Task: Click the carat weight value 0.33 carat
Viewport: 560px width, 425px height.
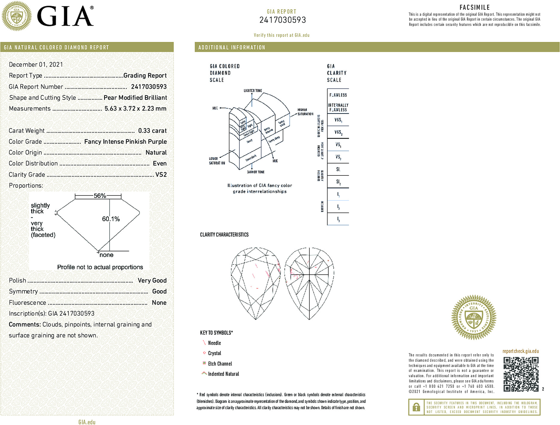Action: tap(152, 131)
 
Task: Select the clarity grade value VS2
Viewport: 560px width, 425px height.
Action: tap(161, 175)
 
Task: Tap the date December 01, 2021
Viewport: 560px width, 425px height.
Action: tap(36, 65)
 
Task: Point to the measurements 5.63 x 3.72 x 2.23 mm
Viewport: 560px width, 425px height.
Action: tap(135, 108)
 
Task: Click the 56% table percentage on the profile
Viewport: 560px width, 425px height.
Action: tap(100, 196)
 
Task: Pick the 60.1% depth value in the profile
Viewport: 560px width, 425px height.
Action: tap(111, 219)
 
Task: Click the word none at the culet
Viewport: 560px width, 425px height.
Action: tap(106, 255)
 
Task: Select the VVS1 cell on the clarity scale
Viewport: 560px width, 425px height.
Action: tap(338, 120)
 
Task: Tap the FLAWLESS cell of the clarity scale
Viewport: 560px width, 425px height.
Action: tap(338, 95)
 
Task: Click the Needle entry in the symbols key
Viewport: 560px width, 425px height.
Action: tap(214, 343)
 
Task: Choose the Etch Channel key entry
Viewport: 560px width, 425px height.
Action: tap(220, 364)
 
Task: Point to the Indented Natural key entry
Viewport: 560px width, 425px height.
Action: tap(223, 374)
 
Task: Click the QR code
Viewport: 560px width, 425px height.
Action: tap(521, 374)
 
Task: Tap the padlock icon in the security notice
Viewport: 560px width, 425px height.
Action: tap(416, 407)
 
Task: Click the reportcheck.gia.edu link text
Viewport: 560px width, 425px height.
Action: tap(521, 351)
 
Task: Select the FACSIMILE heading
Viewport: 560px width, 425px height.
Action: tap(474, 7)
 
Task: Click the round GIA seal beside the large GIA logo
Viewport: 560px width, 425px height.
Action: tap(17, 16)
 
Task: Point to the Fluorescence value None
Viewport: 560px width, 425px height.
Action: tap(159, 302)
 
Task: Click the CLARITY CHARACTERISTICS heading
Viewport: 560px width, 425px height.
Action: tap(224, 235)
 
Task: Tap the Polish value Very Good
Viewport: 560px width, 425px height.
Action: tap(152, 280)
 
